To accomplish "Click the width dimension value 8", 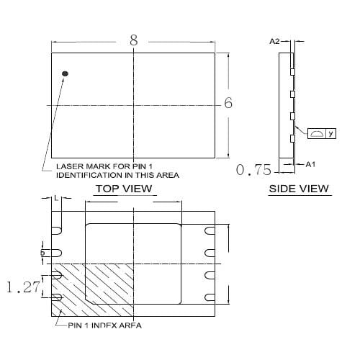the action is point(134,40).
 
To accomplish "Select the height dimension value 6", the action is point(228,103).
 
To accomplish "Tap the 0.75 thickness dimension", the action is point(253,170).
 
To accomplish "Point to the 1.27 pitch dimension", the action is point(23,287).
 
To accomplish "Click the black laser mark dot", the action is point(65,73).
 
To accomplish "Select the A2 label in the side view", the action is point(274,42).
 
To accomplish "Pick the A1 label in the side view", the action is point(310,164).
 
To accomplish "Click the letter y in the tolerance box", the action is point(331,133).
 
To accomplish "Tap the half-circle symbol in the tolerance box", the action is point(317,133).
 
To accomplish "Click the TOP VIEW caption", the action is point(124,189).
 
